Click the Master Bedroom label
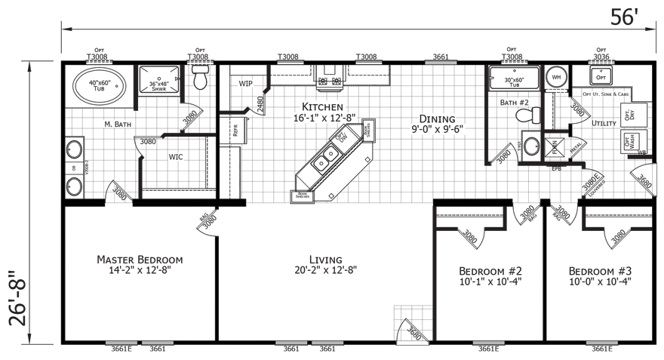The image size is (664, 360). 139,260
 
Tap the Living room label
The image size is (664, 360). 325,260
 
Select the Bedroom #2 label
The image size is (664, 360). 490,271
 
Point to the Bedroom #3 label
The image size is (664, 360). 600,271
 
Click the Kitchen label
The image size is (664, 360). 323,108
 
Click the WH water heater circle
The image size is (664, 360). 557,77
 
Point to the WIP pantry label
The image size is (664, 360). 245,84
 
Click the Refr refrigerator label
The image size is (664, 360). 235,131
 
